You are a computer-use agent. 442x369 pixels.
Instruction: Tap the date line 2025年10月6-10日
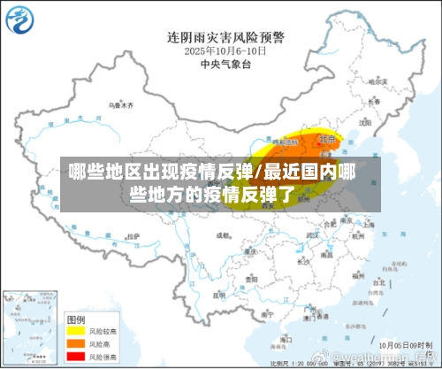[x=226, y=51]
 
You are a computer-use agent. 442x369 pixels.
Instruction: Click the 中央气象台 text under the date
[x=226, y=65]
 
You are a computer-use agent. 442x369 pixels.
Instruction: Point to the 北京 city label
[x=328, y=139]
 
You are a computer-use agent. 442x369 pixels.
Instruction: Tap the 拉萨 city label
[x=133, y=236]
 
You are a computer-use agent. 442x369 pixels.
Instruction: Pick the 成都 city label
[x=223, y=236]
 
